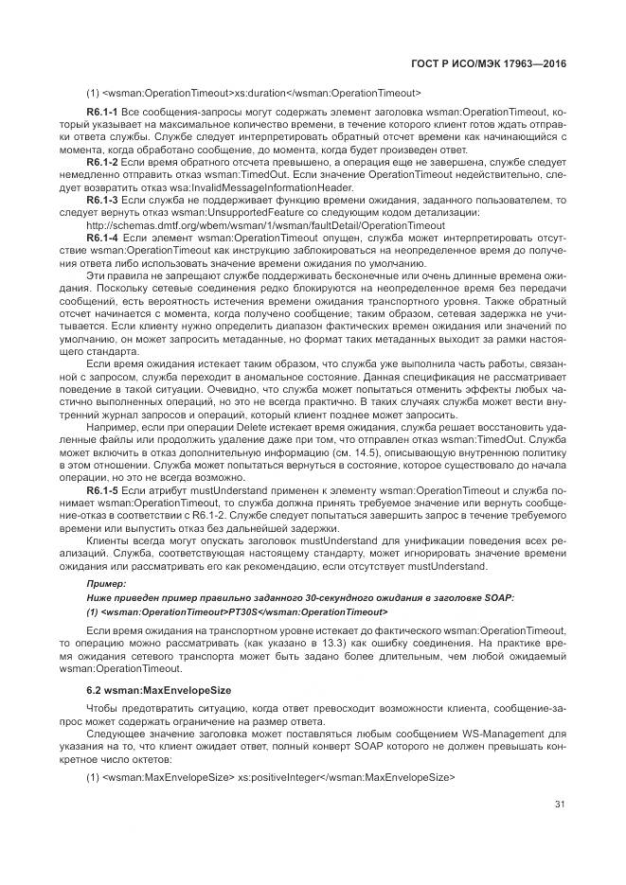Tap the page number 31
[x=561, y=805]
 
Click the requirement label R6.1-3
[x=101, y=201]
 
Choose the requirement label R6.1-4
[x=101, y=239]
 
